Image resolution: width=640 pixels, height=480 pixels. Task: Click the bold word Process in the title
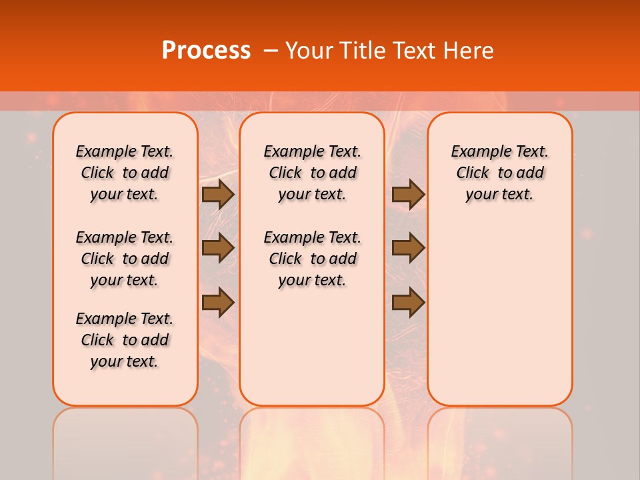(206, 51)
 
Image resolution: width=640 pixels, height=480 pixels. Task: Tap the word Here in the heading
(469, 51)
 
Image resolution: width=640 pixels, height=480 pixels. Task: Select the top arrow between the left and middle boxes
(217, 194)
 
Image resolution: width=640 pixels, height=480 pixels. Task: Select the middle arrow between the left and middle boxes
(217, 248)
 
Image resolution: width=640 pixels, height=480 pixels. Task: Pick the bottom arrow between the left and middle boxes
(217, 303)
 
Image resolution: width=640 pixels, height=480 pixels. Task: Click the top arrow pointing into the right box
(408, 194)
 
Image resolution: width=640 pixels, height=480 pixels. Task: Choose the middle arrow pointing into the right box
(408, 248)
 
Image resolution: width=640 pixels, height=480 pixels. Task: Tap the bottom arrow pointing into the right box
(408, 303)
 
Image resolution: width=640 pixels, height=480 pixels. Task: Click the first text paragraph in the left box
(125, 173)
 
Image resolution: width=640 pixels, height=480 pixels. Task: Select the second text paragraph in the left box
(125, 259)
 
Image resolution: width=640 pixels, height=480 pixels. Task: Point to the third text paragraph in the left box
(125, 340)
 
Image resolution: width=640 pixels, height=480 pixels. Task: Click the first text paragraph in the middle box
(312, 173)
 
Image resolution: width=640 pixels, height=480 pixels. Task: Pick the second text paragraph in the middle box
(312, 259)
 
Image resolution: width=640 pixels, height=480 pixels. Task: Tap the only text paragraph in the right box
(499, 173)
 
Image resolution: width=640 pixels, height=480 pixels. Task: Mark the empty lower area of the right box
(499, 313)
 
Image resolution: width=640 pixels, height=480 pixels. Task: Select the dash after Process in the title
(270, 51)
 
